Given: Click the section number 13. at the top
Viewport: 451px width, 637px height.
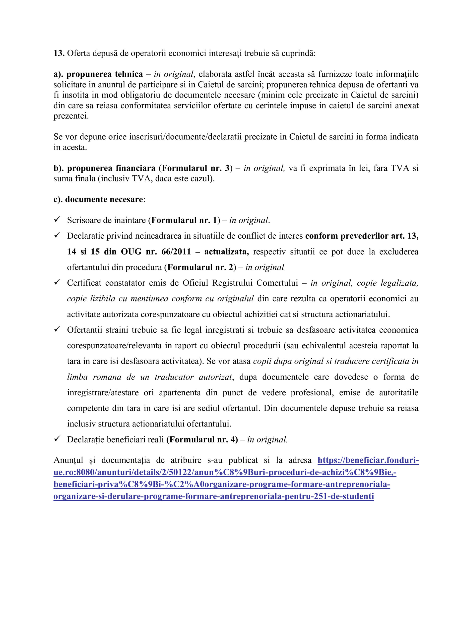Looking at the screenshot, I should pos(59,53).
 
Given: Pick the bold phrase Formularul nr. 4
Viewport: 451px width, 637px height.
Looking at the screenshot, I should pos(202,440).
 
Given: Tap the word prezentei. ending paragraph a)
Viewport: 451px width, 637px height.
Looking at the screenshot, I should pos(71,116).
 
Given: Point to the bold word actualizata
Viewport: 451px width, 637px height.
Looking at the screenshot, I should pos(227,252).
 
